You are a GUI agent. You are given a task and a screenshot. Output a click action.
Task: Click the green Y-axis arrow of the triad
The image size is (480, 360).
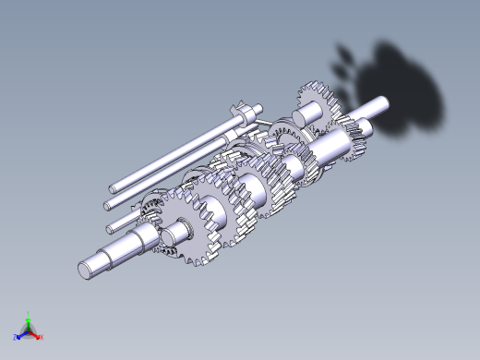click(x=28, y=322)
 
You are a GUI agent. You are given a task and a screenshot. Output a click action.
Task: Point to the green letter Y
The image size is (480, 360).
click(x=29, y=314)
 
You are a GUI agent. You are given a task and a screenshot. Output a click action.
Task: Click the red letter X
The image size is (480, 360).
click(x=42, y=338)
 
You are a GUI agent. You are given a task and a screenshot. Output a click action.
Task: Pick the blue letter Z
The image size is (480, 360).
click(x=15, y=338)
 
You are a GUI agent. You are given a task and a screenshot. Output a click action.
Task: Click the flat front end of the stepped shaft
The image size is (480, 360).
click(x=85, y=269)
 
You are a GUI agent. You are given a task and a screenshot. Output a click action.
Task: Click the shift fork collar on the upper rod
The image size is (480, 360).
click(x=241, y=113)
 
